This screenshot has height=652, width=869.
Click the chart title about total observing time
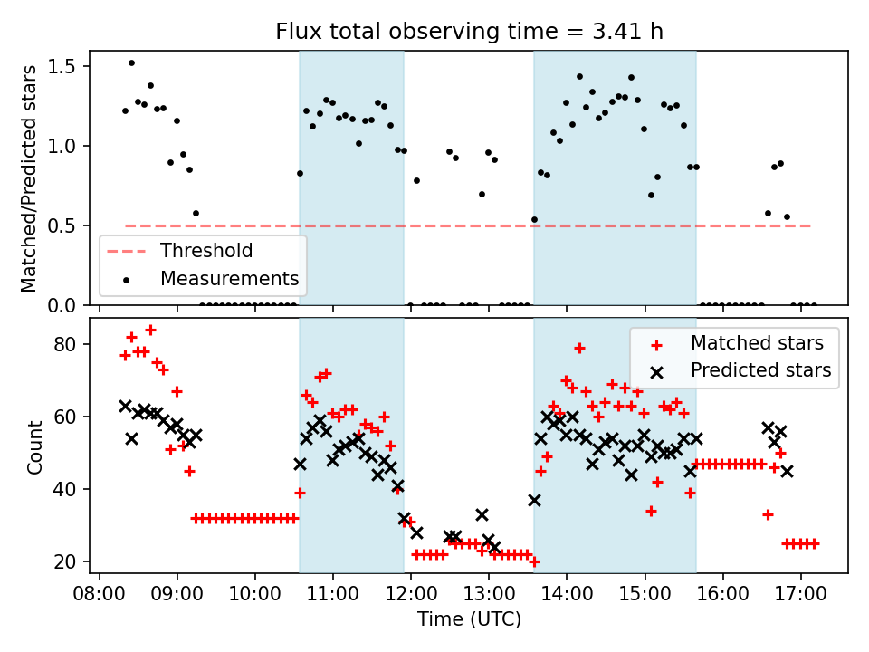[x=469, y=32]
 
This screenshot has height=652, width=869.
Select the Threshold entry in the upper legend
[x=206, y=250]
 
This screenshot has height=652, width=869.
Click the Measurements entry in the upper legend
[x=229, y=278]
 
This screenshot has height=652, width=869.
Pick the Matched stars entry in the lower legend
[x=757, y=342]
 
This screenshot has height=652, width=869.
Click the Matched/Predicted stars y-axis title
[x=29, y=178]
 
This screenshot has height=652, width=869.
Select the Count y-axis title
[x=34, y=447]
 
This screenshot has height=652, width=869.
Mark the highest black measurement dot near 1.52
[x=131, y=62]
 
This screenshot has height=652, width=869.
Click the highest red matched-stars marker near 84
[x=150, y=330]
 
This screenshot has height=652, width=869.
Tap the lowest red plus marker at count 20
[x=534, y=561]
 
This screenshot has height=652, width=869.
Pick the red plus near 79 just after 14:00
[x=579, y=348]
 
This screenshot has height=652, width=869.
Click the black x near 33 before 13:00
[x=482, y=514]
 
